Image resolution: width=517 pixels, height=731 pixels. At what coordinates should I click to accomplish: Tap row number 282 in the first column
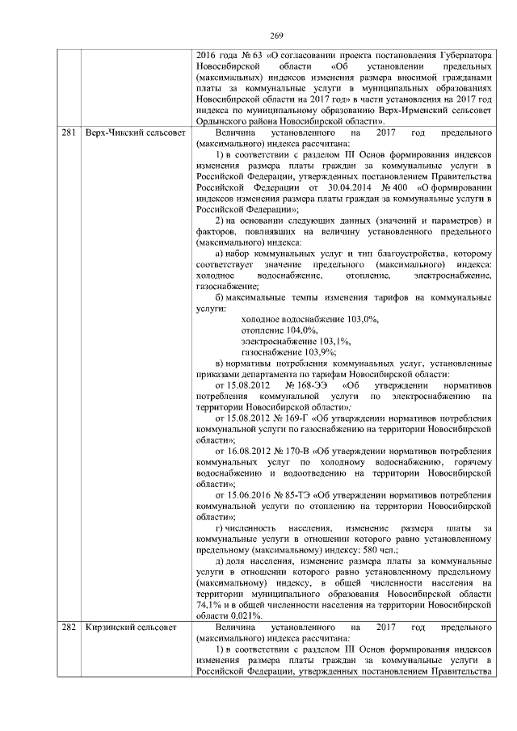(x=69, y=627)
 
